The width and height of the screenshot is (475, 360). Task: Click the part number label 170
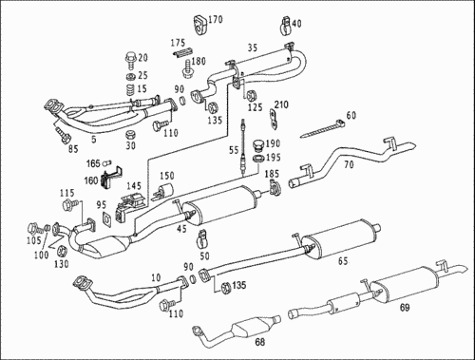tap(216, 20)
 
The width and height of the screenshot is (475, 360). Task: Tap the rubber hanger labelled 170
tap(200, 24)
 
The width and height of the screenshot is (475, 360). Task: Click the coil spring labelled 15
tap(130, 89)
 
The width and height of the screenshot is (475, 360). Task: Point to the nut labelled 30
tap(130, 135)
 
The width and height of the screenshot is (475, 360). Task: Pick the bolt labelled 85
tap(63, 134)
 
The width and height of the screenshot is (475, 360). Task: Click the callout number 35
tap(253, 47)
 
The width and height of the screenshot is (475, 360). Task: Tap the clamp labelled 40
tap(286, 25)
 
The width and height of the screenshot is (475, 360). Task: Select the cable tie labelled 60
tap(322, 129)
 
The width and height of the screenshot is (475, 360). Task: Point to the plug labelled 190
tap(258, 146)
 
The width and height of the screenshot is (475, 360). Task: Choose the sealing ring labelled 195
tap(258, 158)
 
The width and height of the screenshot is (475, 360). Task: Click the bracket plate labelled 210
tap(274, 120)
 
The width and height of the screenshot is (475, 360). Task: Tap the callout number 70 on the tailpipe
tap(349, 164)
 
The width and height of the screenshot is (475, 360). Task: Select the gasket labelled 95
tap(107, 219)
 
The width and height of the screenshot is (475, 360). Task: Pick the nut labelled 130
tap(62, 251)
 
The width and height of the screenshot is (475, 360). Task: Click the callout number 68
tap(259, 342)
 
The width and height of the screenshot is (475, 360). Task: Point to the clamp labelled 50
tap(201, 239)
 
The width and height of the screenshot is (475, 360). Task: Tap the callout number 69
tap(405, 307)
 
